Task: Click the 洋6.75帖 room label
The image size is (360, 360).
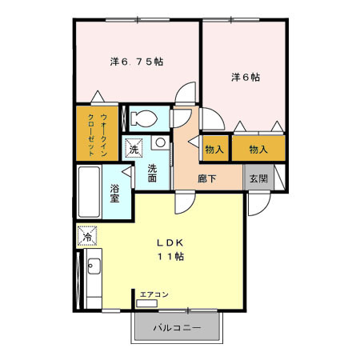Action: pos(137,62)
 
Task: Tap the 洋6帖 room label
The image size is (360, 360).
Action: pos(246,77)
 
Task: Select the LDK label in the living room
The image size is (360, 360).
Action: pos(170,242)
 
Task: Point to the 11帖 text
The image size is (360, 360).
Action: pos(170,257)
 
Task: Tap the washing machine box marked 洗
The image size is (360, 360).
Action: pos(134,148)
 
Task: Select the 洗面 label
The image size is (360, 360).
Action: pos(152,173)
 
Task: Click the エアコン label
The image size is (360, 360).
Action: pos(154,294)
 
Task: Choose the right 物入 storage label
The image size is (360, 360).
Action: pos(258,149)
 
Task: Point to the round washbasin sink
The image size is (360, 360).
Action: pos(160,142)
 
